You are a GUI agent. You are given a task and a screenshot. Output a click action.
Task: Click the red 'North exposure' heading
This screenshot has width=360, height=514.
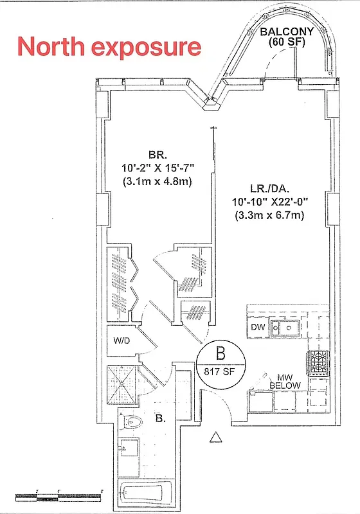click(x=109, y=47)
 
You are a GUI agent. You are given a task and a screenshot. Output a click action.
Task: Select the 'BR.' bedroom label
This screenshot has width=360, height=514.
click(x=157, y=155)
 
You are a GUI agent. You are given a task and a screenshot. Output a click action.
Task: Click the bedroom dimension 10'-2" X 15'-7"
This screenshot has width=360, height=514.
click(x=157, y=168)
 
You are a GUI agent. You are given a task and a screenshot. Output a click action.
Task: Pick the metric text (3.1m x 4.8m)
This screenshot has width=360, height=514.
click(x=157, y=182)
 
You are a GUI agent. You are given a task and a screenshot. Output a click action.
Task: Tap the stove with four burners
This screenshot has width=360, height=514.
click(x=319, y=364)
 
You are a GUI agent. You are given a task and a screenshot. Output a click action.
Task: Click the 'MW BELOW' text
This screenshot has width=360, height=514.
click(x=280, y=380)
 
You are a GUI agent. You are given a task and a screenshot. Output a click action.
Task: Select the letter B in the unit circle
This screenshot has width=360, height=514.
click(x=220, y=353)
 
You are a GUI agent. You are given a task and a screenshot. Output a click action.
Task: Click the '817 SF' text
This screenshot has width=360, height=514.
click(x=220, y=371)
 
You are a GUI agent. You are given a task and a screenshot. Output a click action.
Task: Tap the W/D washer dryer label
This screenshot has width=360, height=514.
click(x=122, y=341)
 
